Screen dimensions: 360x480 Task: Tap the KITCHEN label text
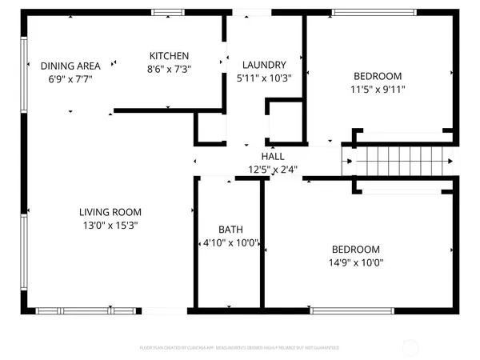pos(170,55)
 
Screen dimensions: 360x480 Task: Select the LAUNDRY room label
pos(265,65)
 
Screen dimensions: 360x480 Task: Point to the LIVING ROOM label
pos(110,212)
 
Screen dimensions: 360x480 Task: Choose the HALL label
pos(273,157)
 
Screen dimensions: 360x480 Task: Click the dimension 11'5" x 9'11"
pos(378,90)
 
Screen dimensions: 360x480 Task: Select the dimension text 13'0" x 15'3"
pos(110,226)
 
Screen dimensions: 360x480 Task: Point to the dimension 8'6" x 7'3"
pos(170,69)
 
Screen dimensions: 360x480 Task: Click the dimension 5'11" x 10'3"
pos(265,78)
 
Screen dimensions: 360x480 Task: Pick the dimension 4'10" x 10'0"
pos(230,243)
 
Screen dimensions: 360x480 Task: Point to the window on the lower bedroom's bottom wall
pos(347,310)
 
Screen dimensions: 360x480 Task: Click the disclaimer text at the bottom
pos(239,348)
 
